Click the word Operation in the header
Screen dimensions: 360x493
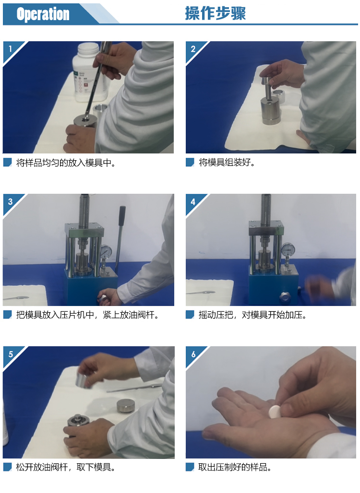coord(43,14)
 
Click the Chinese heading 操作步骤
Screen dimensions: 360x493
coord(215,13)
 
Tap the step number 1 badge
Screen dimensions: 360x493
coord(11,49)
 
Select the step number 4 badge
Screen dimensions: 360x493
coord(193,201)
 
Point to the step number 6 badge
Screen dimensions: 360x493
coord(193,354)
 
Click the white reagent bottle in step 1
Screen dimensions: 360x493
coord(85,72)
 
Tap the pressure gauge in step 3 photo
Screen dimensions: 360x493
coord(106,251)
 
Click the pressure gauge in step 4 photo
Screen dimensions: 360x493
coord(288,249)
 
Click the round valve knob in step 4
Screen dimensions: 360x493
coord(285,296)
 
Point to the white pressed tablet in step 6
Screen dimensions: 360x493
coord(275,411)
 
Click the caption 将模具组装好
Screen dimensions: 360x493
coord(227,162)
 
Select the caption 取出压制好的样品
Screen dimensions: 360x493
coord(234,467)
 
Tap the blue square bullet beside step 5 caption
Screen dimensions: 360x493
coord(7,467)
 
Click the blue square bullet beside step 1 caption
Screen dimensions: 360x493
coord(7,162)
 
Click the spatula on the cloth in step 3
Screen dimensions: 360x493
coord(16,298)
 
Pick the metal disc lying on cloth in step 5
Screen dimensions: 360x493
coord(126,406)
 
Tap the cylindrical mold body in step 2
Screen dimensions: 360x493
coord(271,111)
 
